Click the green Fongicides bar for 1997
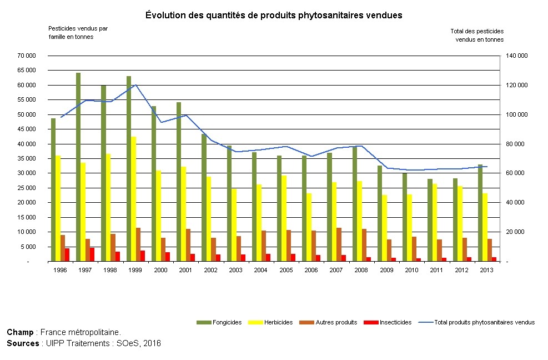pyautogui.click(x=78, y=167)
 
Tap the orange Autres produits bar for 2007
pyautogui.click(x=339, y=244)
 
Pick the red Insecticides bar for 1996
pyautogui.click(x=67, y=255)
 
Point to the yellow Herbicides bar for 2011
pyautogui.click(x=435, y=222)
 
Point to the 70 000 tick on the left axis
pyautogui.click(x=27, y=56)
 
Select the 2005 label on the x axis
pyautogui.click(x=285, y=269)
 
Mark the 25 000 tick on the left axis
pyautogui.click(x=27, y=188)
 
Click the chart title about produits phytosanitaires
pyautogui.click(x=274, y=15)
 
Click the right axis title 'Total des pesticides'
pyautogui.click(x=477, y=35)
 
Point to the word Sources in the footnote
pyautogui.click(x=22, y=343)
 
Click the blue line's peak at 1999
pyautogui.click(x=135, y=85)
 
